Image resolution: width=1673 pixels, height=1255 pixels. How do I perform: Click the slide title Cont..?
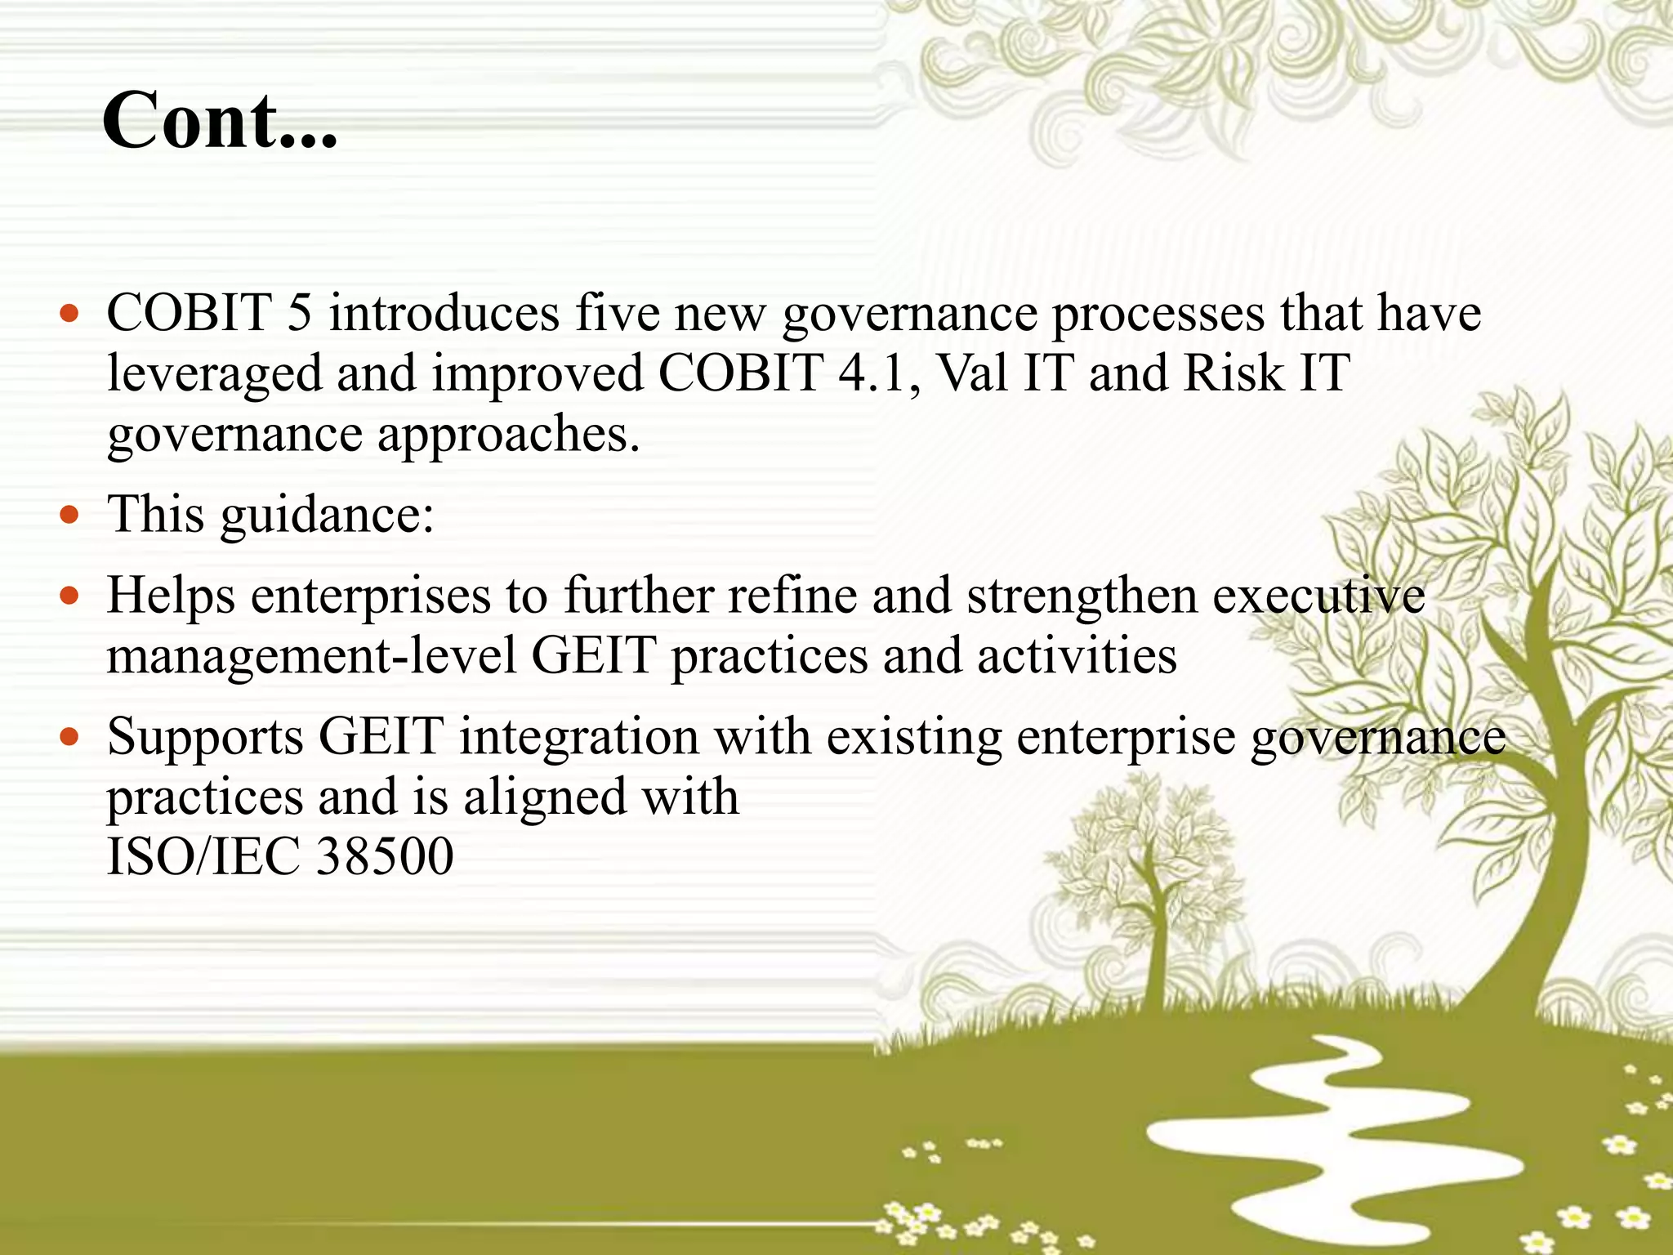tap(219, 121)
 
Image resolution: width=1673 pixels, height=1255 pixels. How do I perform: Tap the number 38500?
tap(384, 856)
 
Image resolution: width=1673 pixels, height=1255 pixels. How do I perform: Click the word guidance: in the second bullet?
tap(327, 516)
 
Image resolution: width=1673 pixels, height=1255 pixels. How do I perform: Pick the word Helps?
tap(171, 596)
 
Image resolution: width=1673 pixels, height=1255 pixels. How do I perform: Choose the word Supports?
tap(205, 736)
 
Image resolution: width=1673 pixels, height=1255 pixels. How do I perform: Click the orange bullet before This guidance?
tap(70, 516)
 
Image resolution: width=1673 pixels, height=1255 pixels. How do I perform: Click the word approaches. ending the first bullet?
tap(507, 434)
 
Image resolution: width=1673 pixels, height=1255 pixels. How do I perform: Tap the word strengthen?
tap(1082, 596)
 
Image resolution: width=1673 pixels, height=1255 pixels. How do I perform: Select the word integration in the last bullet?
tap(578, 736)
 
